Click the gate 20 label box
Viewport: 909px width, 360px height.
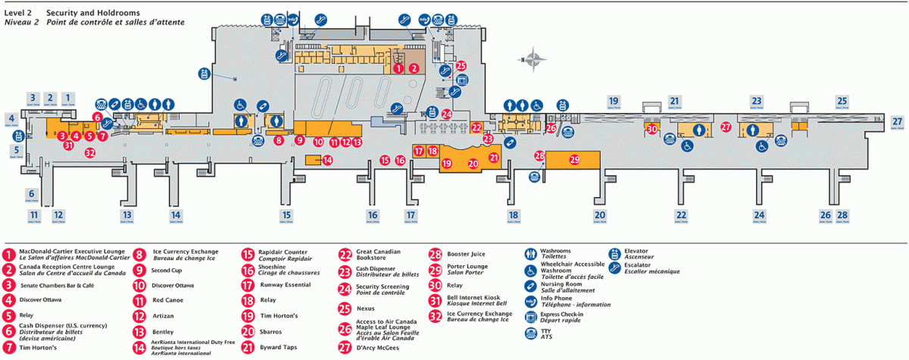[x=600, y=216]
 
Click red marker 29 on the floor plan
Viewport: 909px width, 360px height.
[x=575, y=160]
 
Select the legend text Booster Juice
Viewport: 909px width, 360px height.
[x=466, y=254]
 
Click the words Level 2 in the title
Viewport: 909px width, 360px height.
[x=18, y=14]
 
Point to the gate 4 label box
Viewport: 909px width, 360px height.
[x=11, y=119]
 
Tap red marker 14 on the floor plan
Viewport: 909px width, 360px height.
[x=327, y=160]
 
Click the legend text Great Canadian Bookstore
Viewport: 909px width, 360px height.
[x=379, y=255]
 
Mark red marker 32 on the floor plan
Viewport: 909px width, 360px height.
[x=89, y=152]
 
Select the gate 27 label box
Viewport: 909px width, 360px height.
[x=898, y=123]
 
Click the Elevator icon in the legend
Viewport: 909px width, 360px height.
[x=616, y=255]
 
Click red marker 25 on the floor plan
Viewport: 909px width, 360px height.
[x=461, y=67]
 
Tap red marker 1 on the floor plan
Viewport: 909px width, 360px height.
[x=398, y=67]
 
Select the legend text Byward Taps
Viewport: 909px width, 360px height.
[x=281, y=347]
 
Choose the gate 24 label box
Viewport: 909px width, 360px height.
[x=759, y=216]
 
